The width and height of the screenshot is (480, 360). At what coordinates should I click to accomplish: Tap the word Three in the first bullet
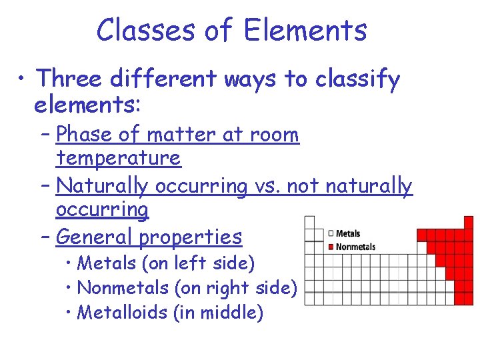pos(73,79)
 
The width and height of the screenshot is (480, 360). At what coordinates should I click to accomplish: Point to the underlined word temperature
pos(118,159)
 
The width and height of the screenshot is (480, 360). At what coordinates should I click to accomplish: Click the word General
pos(91,237)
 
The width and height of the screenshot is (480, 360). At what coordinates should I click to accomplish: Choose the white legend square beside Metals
pos(331,233)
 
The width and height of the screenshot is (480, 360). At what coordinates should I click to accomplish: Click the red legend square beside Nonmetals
pos(331,247)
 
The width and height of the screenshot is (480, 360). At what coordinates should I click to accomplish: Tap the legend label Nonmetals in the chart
pos(355,247)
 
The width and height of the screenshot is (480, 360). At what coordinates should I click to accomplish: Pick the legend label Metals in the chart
pos(348,233)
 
